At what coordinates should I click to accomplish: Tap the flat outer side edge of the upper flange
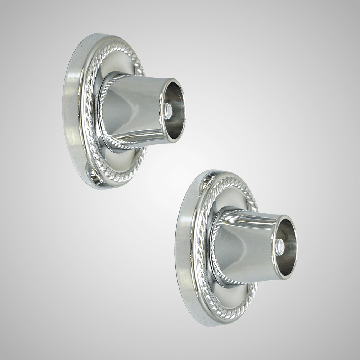72,108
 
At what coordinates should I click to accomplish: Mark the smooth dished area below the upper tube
122,158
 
